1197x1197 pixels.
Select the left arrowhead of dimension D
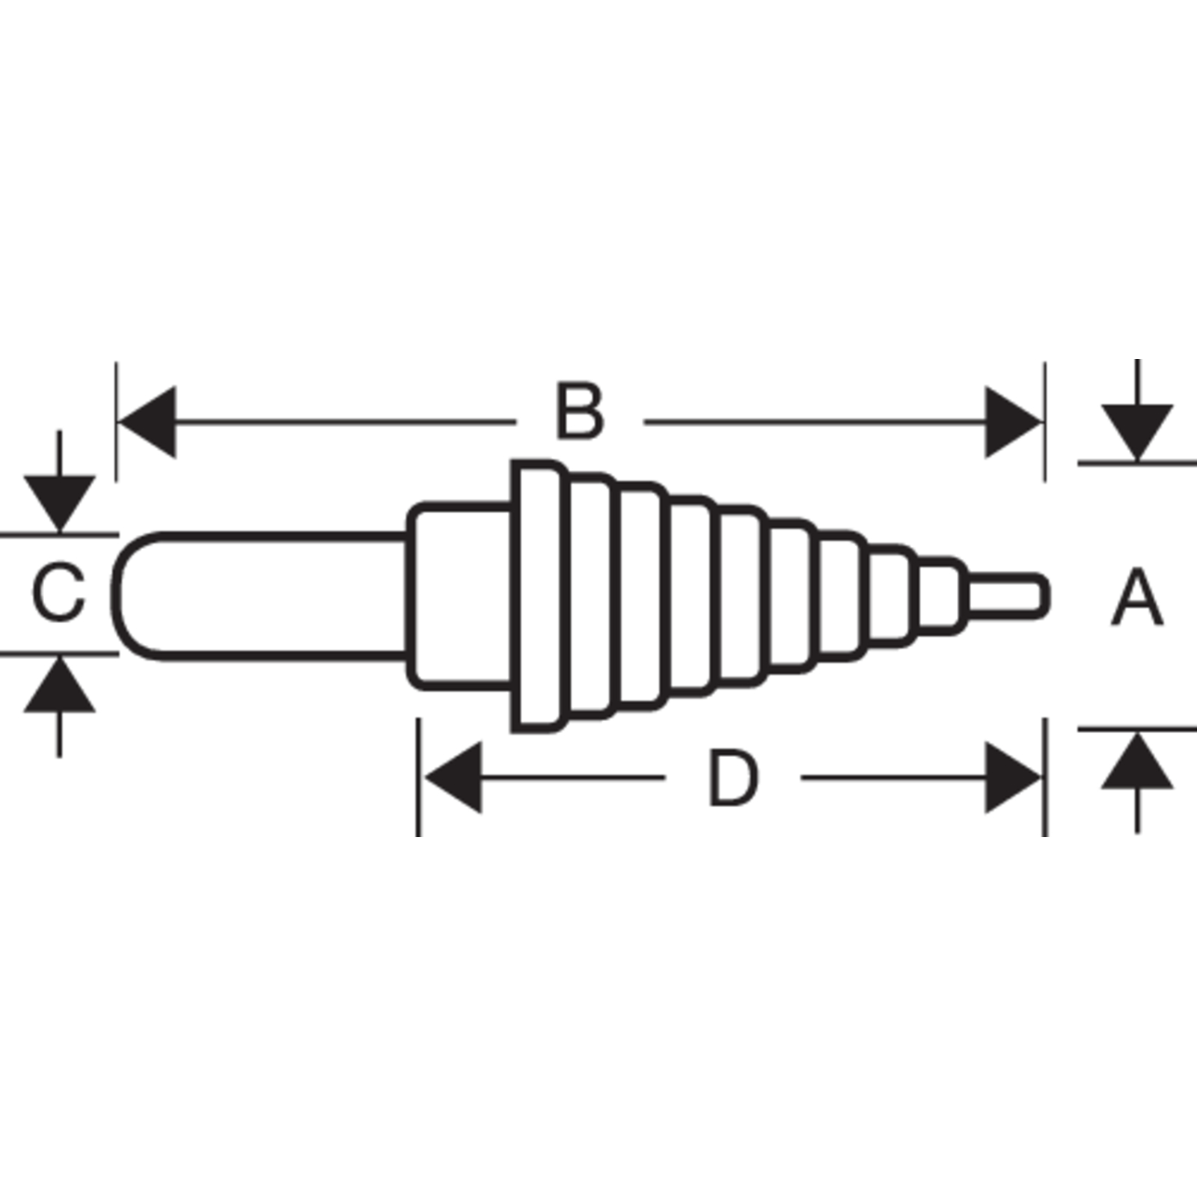point(452,778)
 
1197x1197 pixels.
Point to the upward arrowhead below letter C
point(59,684)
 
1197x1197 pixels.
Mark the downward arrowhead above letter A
point(1137,432)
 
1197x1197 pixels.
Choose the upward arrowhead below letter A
point(1137,760)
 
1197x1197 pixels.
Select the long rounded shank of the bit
point(262,596)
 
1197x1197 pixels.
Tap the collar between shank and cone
point(461,596)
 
